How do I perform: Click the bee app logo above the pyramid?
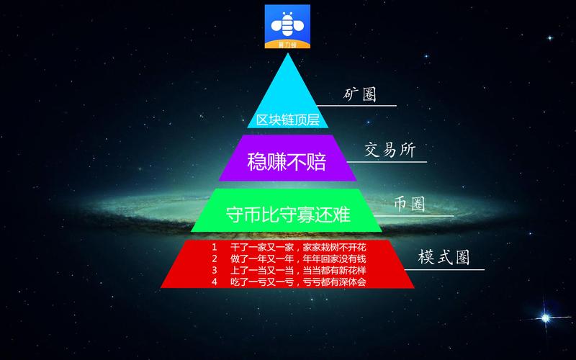coord(287,27)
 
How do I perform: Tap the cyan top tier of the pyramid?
coord(287,99)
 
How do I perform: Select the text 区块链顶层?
coord(287,120)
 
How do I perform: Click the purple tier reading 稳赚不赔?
coord(287,158)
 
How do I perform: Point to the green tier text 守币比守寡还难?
coord(288,214)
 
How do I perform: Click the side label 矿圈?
coord(360,94)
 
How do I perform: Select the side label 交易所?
coord(390,150)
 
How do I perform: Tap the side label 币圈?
coord(410,204)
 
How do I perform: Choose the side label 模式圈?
coord(444,256)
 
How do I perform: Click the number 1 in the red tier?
coord(214,247)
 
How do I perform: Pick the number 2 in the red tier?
coord(214,258)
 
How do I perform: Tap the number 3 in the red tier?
coord(214,271)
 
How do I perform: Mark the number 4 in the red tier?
coord(214,282)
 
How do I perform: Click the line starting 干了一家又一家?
coord(298,247)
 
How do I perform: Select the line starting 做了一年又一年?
coord(298,258)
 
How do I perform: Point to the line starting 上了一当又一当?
coord(298,271)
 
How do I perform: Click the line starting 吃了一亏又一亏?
coord(298,282)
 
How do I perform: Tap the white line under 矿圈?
coord(356,106)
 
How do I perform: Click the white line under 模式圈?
coord(444,269)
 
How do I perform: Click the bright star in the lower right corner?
coord(546,318)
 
